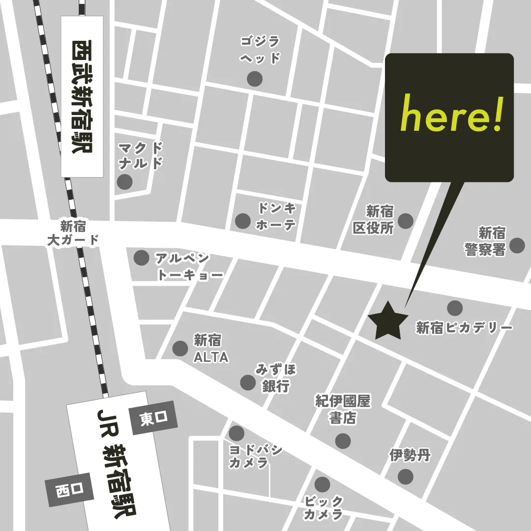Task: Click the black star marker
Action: (388, 321)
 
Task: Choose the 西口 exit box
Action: (68, 490)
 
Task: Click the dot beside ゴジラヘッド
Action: (255, 78)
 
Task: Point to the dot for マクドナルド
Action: (125, 181)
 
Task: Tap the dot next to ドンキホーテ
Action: (243, 221)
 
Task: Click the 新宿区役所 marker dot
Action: (405, 221)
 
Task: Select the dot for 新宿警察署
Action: (517, 245)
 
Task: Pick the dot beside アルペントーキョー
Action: (142, 257)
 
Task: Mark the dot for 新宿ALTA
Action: (180, 348)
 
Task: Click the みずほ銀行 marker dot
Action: (247, 382)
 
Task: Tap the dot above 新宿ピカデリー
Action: (455, 308)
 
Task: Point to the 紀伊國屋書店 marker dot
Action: (343, 441)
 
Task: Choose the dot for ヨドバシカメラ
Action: (236, 433)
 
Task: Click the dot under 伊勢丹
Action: (405, 476)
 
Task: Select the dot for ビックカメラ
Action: (322, 484)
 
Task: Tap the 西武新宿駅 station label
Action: (82, 96)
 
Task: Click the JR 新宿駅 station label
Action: (116, 462)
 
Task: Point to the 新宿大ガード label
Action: (73, 234)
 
